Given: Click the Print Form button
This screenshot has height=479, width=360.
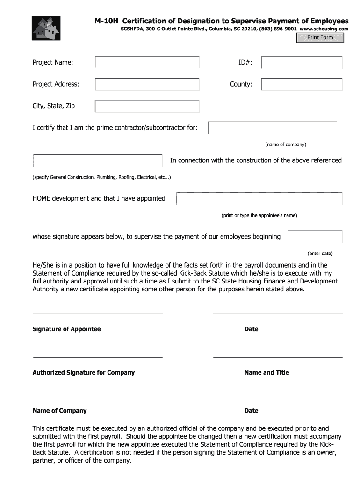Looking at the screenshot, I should pyautogui.click(x=320, y=38).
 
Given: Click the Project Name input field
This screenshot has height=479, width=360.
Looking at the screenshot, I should pyautogui.click(x=147, y=62).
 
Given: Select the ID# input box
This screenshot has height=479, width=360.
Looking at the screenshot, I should pyautogui.click(x=302, y=62).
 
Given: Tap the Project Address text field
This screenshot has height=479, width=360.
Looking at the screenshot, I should pyautogui.click(x=147, y=84).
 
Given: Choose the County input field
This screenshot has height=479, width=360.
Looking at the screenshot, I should pyautogui.click(x=302, y=84).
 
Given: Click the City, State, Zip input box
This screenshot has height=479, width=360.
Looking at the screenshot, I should pyautogui.click(x=147, y=106).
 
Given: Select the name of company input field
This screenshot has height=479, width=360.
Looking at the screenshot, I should pyautogui.click(x=273, y=128).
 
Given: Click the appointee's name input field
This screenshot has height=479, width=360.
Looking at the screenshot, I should pyautogui.click(x=259, y=199).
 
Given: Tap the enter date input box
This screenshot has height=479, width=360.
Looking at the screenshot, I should pyautogui.click(x=315, y=237).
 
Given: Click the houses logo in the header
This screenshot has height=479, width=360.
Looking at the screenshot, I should pyautogui.click(x=46, y=28).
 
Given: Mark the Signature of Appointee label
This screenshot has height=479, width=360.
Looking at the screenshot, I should pyautogui.click(x=66, y=329).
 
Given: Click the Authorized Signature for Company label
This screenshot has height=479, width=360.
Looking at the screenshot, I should pyautogui.click(x=83, y=373).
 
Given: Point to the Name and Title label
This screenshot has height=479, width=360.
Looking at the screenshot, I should pyautogui.click(x=266, y=373).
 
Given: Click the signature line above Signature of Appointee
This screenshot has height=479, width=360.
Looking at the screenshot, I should pyautogui.click(x=97, y=314).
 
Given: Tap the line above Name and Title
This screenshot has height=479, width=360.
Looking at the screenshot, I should pyautogui.click(x=278, y=357).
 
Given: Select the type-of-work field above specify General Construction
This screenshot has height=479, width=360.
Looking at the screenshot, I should pyautogui.click(x=98, y=160).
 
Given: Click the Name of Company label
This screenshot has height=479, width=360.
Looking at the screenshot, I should pyautogui.click(x=59, y=411).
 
